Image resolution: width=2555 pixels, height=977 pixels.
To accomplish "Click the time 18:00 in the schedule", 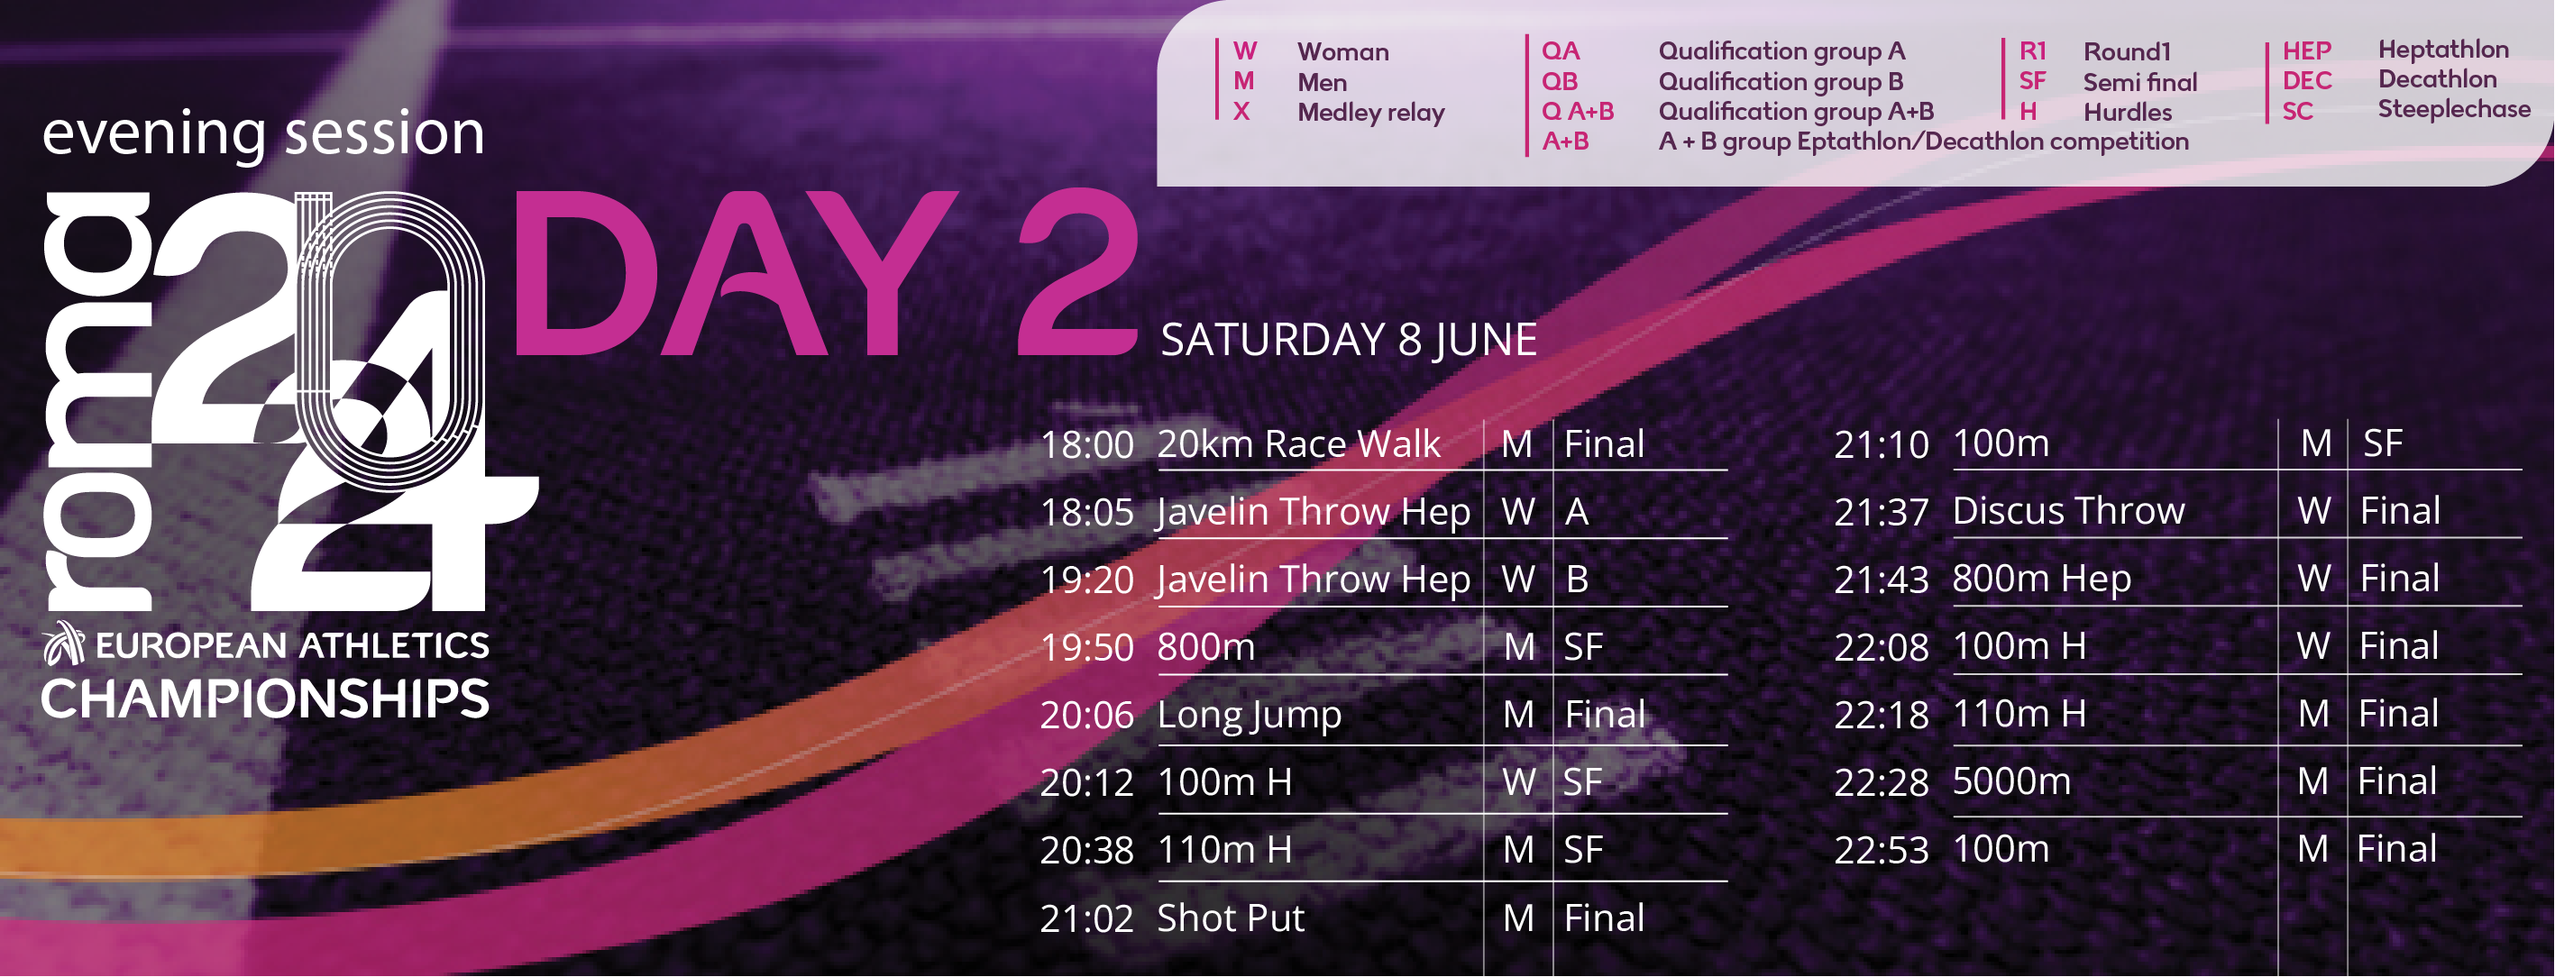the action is [x=1086, y=444].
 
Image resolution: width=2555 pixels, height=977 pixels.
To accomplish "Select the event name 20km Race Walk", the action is [x=1298, y=443].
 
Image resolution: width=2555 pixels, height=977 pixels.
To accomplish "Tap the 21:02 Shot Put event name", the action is [x=1230, y=918].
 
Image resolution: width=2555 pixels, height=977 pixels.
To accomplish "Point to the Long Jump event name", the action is [x=1249, y=715].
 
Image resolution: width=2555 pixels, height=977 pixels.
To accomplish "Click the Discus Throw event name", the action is [x=2068, y=511].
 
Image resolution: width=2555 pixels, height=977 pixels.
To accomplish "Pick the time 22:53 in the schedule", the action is [x=1881, y=850].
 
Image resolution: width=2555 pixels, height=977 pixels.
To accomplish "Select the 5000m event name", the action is [x=2011, y=781].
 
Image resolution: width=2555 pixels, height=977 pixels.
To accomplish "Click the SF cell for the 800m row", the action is [x=1583, y=647].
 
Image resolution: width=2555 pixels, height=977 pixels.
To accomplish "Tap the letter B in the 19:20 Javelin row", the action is [x=1577, y=580].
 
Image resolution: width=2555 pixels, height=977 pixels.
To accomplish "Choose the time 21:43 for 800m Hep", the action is [x=1881, y=580].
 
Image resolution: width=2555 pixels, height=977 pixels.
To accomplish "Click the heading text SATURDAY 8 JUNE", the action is [x=1349, y=339].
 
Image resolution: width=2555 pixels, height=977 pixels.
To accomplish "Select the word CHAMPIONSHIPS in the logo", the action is [x=265, y=699].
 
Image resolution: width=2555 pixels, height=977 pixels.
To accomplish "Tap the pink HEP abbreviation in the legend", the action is [x=2306, y=50].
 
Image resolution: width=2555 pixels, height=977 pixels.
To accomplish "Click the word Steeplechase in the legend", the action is [x=2454, y=109].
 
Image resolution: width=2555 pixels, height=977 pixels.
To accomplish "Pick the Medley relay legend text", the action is [x=1370, y=112].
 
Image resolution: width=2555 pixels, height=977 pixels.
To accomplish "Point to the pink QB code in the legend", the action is [x=1559, y=81].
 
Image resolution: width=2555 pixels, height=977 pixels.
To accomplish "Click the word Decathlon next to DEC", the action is [x=2437, y=79].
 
